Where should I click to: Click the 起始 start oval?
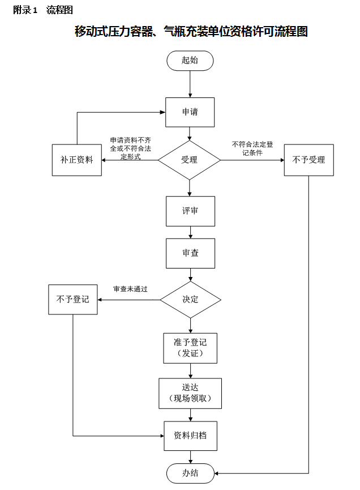pos(190,61)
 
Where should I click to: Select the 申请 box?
pos(190,112)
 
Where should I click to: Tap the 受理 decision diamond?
pos(189,160)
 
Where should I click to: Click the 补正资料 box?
pos(77,160)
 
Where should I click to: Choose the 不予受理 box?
pos(308,160)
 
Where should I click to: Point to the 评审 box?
pos(190,211)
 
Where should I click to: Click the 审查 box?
pos(190,253)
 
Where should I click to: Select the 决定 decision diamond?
pos(190,299)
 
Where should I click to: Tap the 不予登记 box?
pos(73,299)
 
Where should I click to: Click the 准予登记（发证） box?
pos(190,348)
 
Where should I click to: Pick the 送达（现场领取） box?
pos(190,393)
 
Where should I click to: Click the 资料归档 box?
pos(190,436)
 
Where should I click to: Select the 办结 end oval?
pos(190,473)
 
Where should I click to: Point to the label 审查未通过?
pos(130,289)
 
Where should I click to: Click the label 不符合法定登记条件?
pos(252,148)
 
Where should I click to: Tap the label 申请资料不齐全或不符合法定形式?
pos(130,148)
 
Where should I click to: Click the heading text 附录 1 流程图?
pos(43,10)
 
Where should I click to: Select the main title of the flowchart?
pos(191,32)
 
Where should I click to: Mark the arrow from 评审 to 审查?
pos(190,232)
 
